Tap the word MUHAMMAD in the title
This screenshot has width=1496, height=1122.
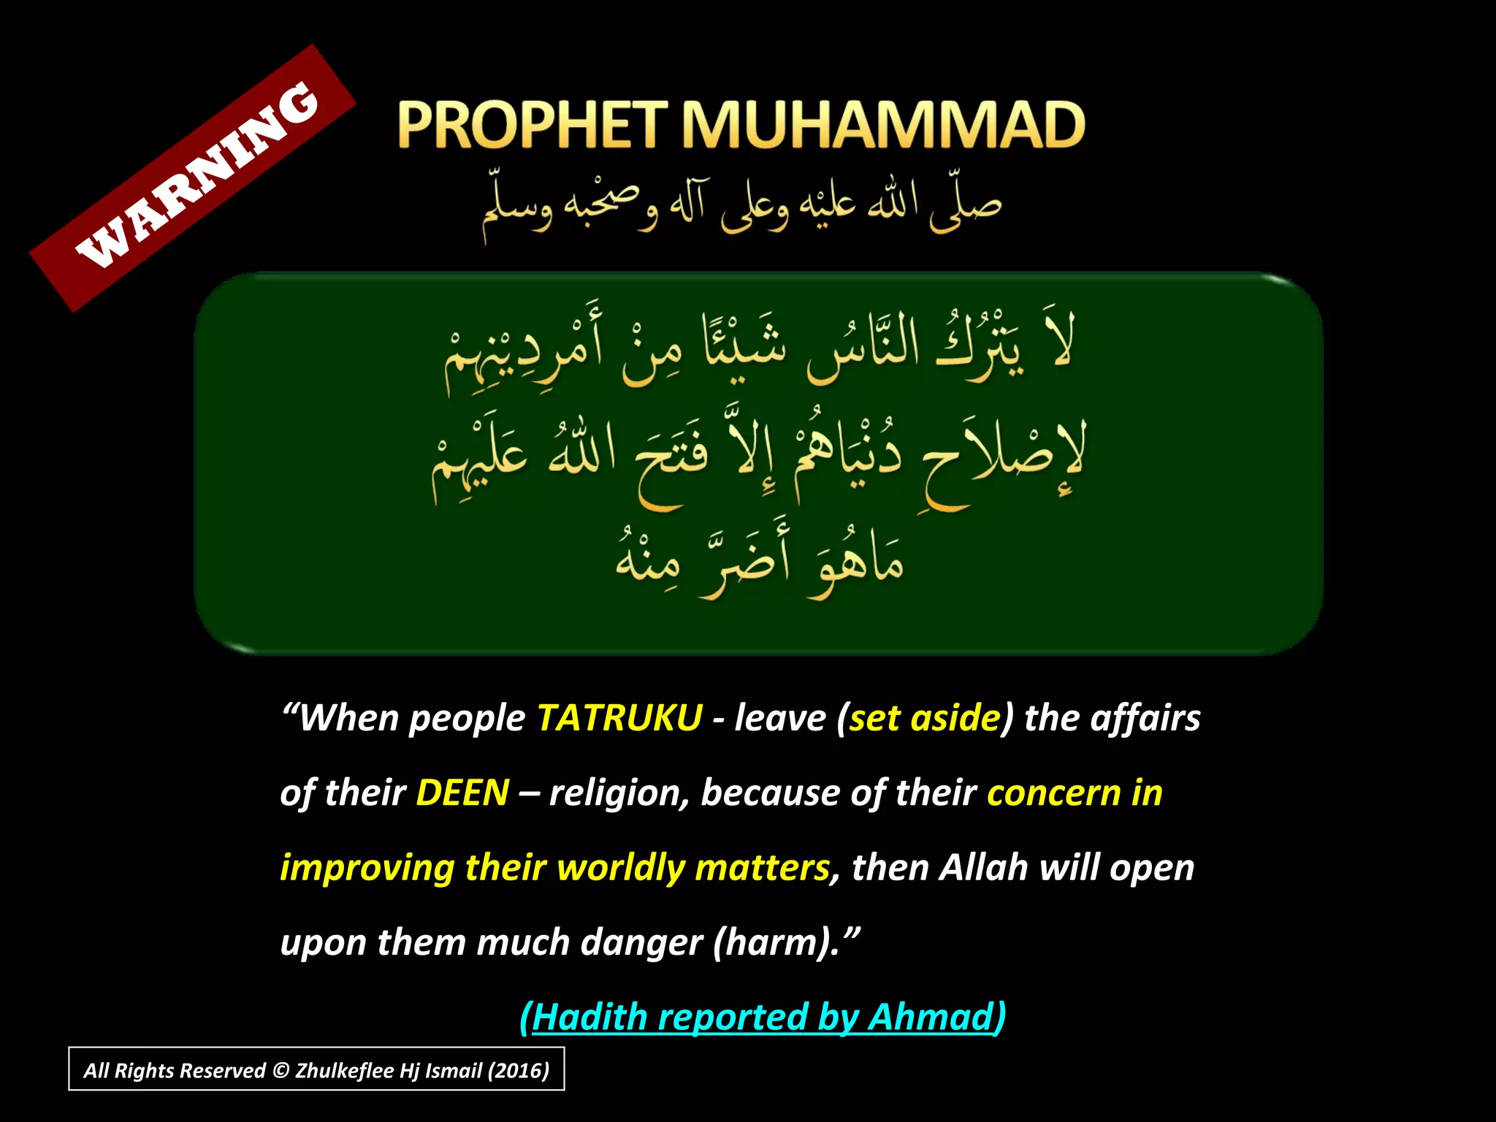883,125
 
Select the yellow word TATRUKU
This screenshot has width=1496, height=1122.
619,718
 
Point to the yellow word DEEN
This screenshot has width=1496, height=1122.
462,793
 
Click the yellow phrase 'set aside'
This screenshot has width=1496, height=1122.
925,718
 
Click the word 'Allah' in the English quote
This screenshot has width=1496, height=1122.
983,868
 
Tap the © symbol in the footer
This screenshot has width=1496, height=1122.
280,1071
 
